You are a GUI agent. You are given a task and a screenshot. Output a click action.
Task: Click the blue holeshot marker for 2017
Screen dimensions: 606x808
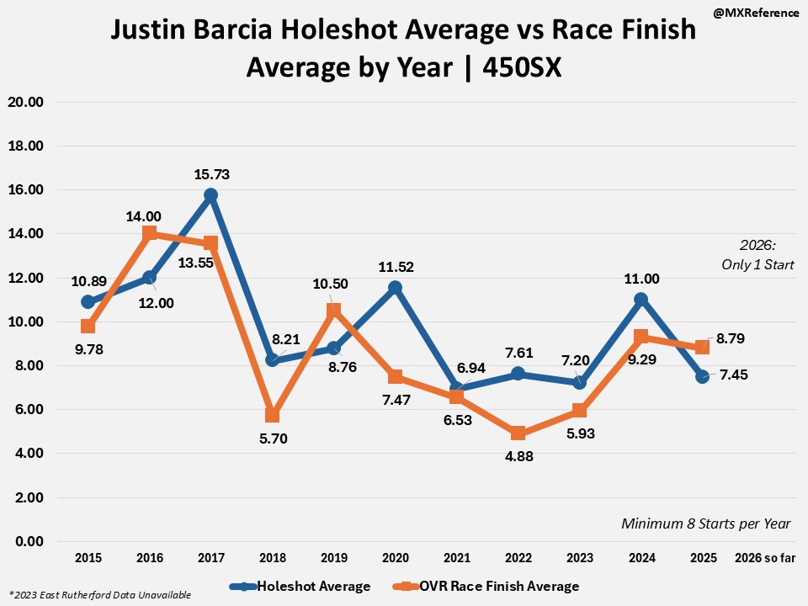click(210, 195)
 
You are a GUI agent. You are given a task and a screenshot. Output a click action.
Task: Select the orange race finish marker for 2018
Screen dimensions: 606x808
click(272, 415)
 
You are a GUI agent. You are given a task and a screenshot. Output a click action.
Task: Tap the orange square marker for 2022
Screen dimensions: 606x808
click(518, 433)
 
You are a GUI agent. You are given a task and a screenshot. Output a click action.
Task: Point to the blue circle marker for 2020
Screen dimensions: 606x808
click(395, 288)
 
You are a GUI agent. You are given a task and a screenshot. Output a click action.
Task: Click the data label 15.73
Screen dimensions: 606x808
click(211, 174)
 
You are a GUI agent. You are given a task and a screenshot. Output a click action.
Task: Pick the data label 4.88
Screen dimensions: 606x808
click(518, 456)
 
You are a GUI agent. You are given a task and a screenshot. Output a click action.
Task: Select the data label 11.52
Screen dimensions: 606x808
click(395, 266)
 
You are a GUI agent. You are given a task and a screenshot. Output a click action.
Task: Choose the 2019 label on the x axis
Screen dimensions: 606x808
click(333, 557)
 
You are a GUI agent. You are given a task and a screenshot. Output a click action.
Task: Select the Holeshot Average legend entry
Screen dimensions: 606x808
click(308, 586)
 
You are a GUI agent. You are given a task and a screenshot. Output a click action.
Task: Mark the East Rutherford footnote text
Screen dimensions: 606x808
click(99, 595)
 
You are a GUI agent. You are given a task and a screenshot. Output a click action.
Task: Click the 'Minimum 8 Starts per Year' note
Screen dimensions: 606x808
click(706, 524)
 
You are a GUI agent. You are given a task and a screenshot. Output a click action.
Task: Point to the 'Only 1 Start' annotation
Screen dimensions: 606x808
click(757, 264)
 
